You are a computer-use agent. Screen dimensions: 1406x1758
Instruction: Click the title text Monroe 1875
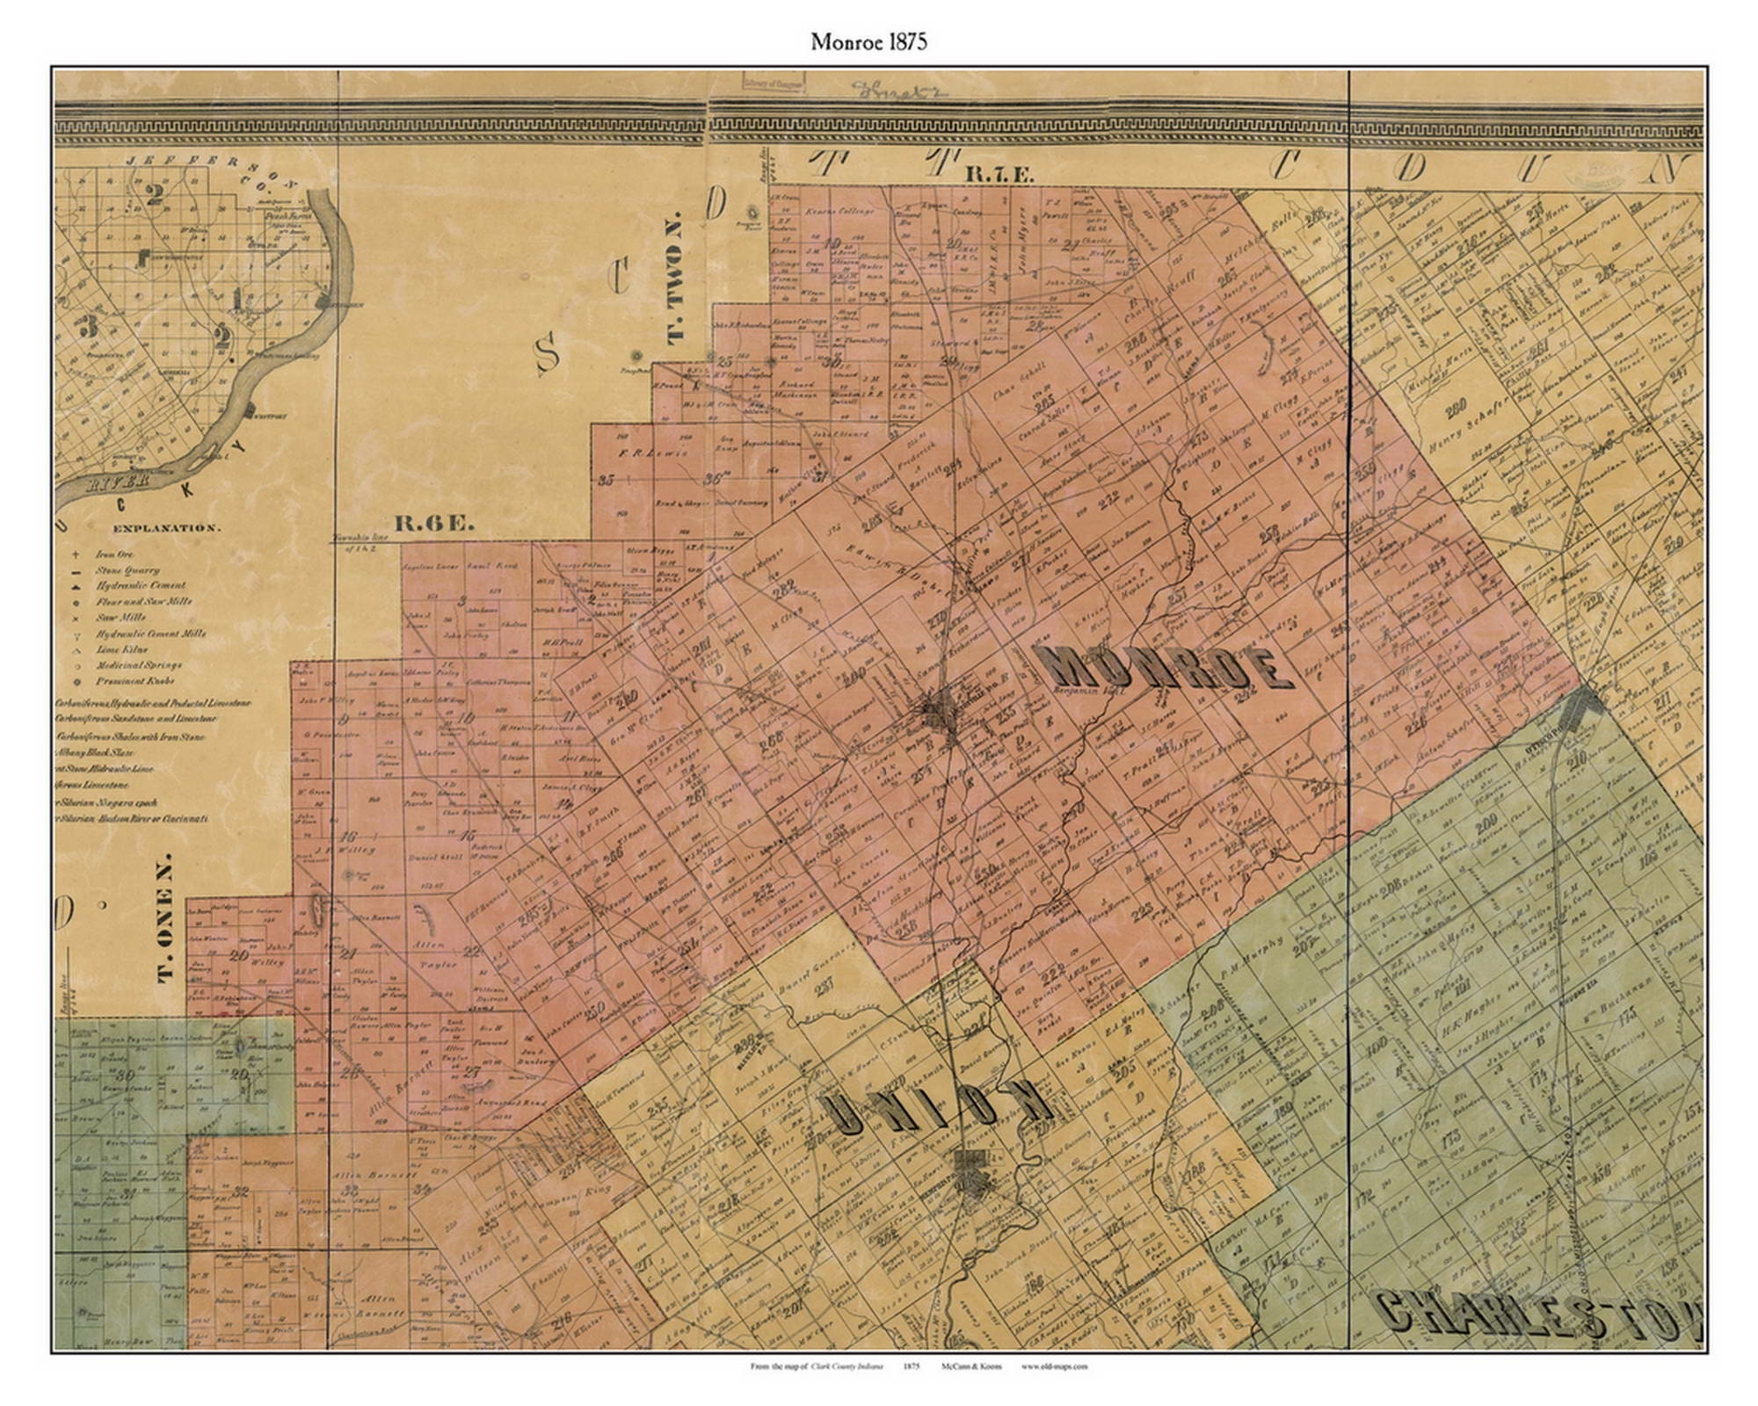pos(868,42)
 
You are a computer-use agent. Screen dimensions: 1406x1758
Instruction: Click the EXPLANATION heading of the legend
pos(165,528)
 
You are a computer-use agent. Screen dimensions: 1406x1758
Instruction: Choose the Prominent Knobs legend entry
pos(132,681)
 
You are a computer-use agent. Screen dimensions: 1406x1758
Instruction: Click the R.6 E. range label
pos(434,524)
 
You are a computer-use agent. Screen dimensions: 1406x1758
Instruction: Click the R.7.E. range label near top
pos(999,175)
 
